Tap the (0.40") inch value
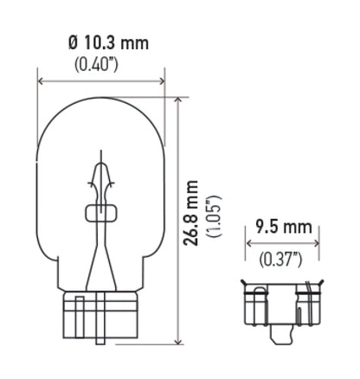(x=100, y=65)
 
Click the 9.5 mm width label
(x=283, y=228)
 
